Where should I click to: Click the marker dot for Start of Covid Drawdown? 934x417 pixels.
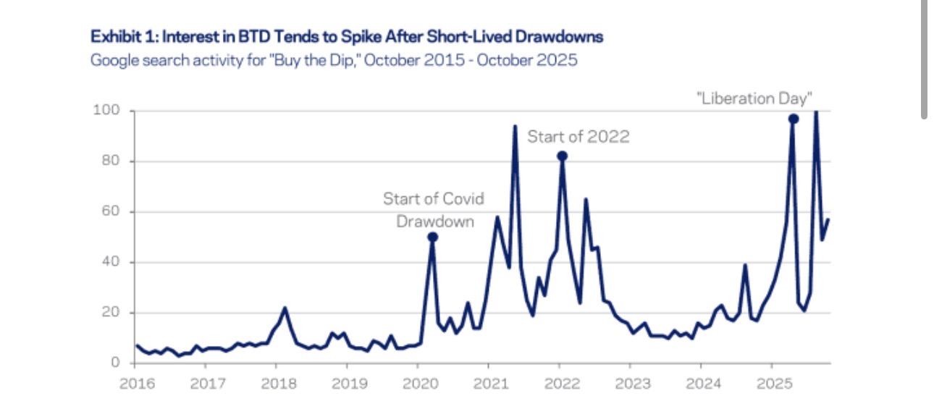click(x=432, y=237)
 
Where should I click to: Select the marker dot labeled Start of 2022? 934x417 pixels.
click(x=561, y=156)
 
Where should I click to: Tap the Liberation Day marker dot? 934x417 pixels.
click(x=794, y=119)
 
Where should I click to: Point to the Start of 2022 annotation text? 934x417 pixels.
click(x=578, y=136)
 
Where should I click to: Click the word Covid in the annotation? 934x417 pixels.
click(x=463, y=198)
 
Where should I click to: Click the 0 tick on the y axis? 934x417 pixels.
click(x=114, y=363)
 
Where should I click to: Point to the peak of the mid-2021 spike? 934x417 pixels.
click(x=515, y=127)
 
